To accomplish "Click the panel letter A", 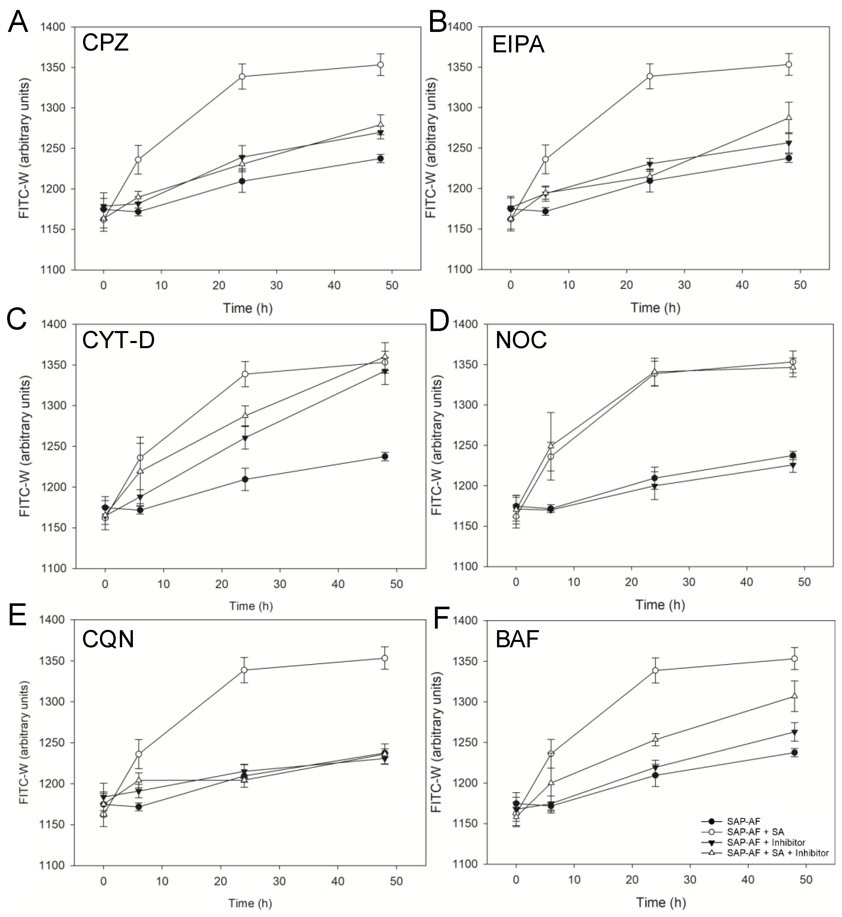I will click(x=18, y=22).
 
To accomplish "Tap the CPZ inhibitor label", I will click(x=105, y=43).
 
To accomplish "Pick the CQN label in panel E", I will click(x=108, y=640).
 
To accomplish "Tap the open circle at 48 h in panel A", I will click(x=380, y=65).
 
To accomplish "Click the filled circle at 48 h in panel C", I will click(x=385, y=456).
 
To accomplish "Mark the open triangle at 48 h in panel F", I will click(x=795, y=696).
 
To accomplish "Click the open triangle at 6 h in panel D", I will click(x=551, y=445).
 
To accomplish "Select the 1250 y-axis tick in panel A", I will click(x=56, y=148).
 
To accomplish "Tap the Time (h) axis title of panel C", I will click(x=251, y=606).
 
